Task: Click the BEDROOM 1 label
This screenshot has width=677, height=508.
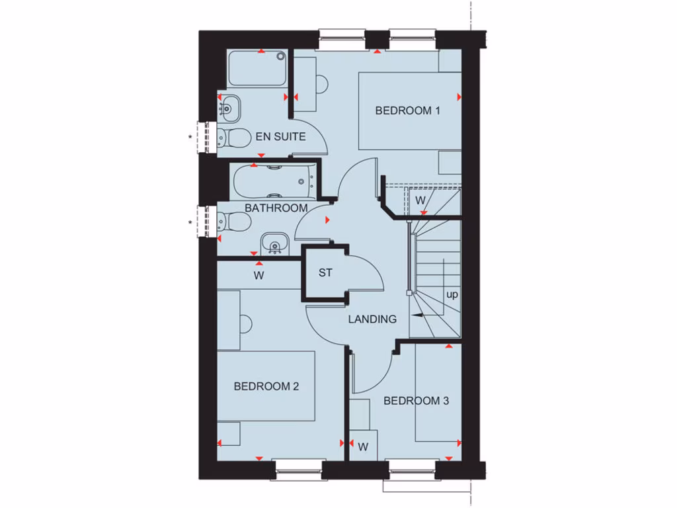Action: [x=407, y=110]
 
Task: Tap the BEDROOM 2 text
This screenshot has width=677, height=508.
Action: [x=266, y=386]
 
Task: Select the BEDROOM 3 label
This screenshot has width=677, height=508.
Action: [x=417, y=400]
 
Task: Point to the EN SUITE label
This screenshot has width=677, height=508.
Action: [x=280, y=137]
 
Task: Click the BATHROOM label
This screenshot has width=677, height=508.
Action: [x=276, y=208]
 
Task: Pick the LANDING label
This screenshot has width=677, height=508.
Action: [x=373, y=319]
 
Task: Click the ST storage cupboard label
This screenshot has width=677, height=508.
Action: [x=325, y=273]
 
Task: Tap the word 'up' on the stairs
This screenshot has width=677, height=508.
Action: [x=452, y=294]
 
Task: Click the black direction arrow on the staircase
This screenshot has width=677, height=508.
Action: [x=418, y=317]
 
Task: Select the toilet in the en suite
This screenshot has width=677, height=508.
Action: [x=233, y=138]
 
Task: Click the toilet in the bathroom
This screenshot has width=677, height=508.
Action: [x=234, y=222]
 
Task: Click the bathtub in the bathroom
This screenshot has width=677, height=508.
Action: [x=272, y=181]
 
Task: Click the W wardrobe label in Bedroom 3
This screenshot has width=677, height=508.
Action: [x=363, y=447]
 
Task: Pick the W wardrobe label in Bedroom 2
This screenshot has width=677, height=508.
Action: [x=259, y=276]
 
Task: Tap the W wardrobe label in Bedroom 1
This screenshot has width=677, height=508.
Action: [x=420, y=200]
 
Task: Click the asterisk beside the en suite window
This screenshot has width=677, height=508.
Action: [x=191, y=138]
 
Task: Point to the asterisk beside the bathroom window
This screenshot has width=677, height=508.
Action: [x=191, y=223]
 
